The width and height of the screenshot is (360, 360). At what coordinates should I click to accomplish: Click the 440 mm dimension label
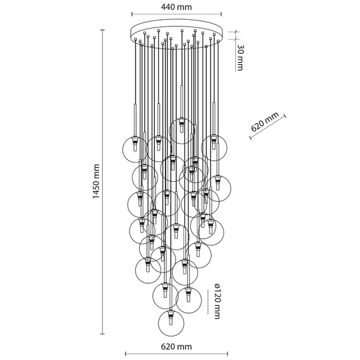[x=176, y=7]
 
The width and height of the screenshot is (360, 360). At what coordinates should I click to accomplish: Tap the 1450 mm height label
[x=96, y=181]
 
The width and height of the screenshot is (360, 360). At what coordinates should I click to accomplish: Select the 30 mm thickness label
[x=240, y=58]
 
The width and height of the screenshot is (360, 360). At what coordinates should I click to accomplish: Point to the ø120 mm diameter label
[x=217, y=301]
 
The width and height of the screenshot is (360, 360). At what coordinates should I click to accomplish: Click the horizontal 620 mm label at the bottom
[x=176, y=346]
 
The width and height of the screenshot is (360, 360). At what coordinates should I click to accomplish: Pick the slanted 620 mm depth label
[x=265, y=121]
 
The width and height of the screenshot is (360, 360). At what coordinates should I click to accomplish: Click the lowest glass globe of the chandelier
[x=171, y=323]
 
